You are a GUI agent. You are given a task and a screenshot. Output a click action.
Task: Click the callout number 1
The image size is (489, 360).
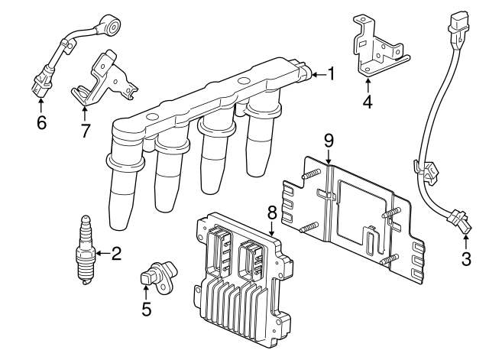[x=331, y=73]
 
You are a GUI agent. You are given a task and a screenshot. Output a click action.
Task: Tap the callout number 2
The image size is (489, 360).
[x=117, y=253]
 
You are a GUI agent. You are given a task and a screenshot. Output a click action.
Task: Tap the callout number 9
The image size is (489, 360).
[x=329, y=140]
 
